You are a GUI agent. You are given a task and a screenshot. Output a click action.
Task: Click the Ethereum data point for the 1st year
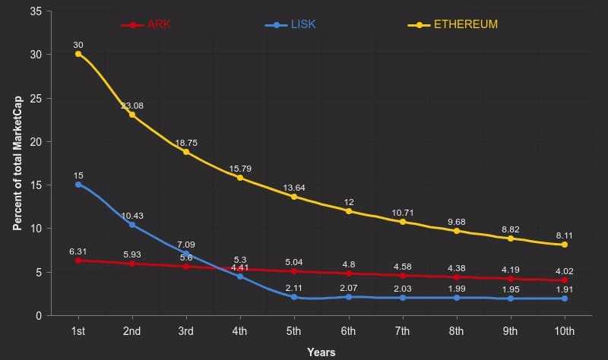pyautogui.click(x=78, y=54)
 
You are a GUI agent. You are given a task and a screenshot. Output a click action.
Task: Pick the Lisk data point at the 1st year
pyautogui.click(x=78, y=185)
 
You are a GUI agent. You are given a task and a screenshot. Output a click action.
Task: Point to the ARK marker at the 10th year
pyautogui.click(x=564, y=280)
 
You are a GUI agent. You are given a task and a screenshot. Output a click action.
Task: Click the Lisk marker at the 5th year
pyautogui.click(x=294, y=297)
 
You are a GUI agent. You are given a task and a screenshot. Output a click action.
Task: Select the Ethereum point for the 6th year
pyautogui.click(x=348, y=210)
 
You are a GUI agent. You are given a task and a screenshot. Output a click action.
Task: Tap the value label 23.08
pyautogui.click(x=132, y=106)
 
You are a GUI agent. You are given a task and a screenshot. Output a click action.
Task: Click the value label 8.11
pyautogui.click(x=564, y=235)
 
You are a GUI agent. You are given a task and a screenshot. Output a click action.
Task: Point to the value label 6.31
pyautogui.click(x=78, y=251)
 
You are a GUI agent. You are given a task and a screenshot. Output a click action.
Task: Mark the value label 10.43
pyautogui.click(x=132, y=216)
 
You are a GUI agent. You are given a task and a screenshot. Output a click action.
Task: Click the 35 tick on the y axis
pyautogui.click(x=35, y=11)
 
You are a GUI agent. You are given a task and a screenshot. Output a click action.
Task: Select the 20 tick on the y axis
pyautogui.click(x=35, y=142)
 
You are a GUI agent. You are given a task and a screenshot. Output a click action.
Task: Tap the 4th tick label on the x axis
pyautogui.click(x=240, y=331)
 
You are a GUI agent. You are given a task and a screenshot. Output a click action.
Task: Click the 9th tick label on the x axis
pyautogui.click(x=510, y=331)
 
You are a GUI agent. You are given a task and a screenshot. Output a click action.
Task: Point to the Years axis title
pyautogui.click(x=321, y=352)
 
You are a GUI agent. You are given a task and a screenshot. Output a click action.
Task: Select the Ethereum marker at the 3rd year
pyautogui.click(x=186, y=152)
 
